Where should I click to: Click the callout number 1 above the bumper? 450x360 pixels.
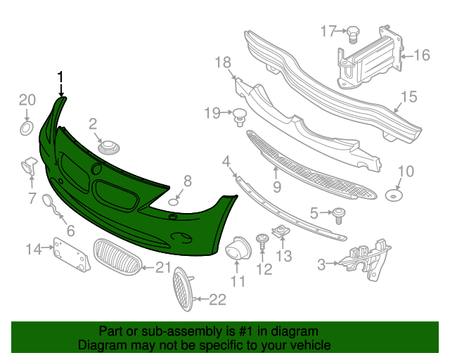[x=61, y=76]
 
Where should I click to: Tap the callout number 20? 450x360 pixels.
[x=26, y=99]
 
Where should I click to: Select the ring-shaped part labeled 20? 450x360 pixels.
[x=25, y=128]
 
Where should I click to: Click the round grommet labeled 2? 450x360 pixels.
[x=109, y=148]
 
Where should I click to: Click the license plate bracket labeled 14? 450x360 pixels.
[x=72, y=255]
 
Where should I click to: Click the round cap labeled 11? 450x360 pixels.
[x=237, y=247]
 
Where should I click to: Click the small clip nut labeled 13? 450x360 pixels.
[x=281, y=231]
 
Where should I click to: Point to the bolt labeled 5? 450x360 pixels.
[x=340, y=212]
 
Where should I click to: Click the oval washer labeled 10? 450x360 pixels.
[x=394, y=194]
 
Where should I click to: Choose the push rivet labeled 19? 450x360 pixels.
[x=241, y=115]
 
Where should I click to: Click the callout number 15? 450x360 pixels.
[x=409, y=98]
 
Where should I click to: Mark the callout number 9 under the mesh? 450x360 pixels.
[x=277, y=187]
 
